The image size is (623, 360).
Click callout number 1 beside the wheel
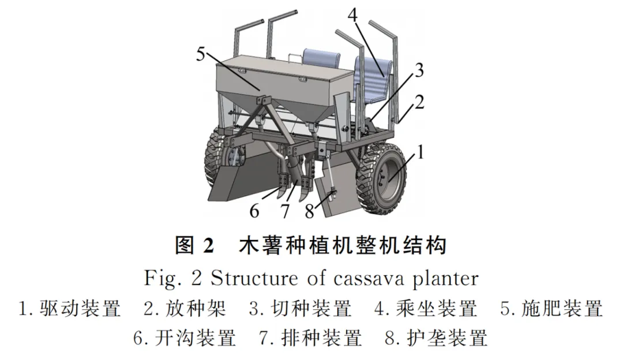click(x=422, y=153)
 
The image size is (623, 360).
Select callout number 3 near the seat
click(x=419, y=71)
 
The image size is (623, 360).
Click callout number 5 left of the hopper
click(x=201, y=55)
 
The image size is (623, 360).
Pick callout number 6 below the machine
click(x=254, y=211)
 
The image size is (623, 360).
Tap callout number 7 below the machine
click(x=284, y=211)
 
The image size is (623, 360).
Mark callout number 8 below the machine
click(x=310, y=211)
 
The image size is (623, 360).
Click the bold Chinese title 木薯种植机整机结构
click(x=343, y=247)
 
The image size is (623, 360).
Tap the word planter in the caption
click(x=446, y=280)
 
